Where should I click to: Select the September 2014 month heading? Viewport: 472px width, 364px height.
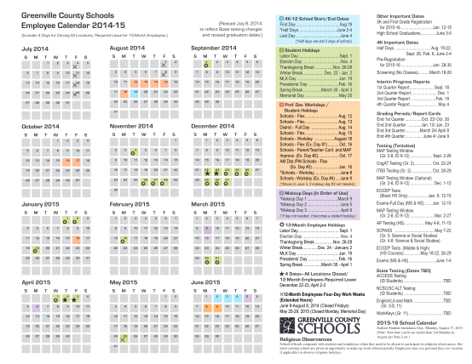point(217,48)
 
